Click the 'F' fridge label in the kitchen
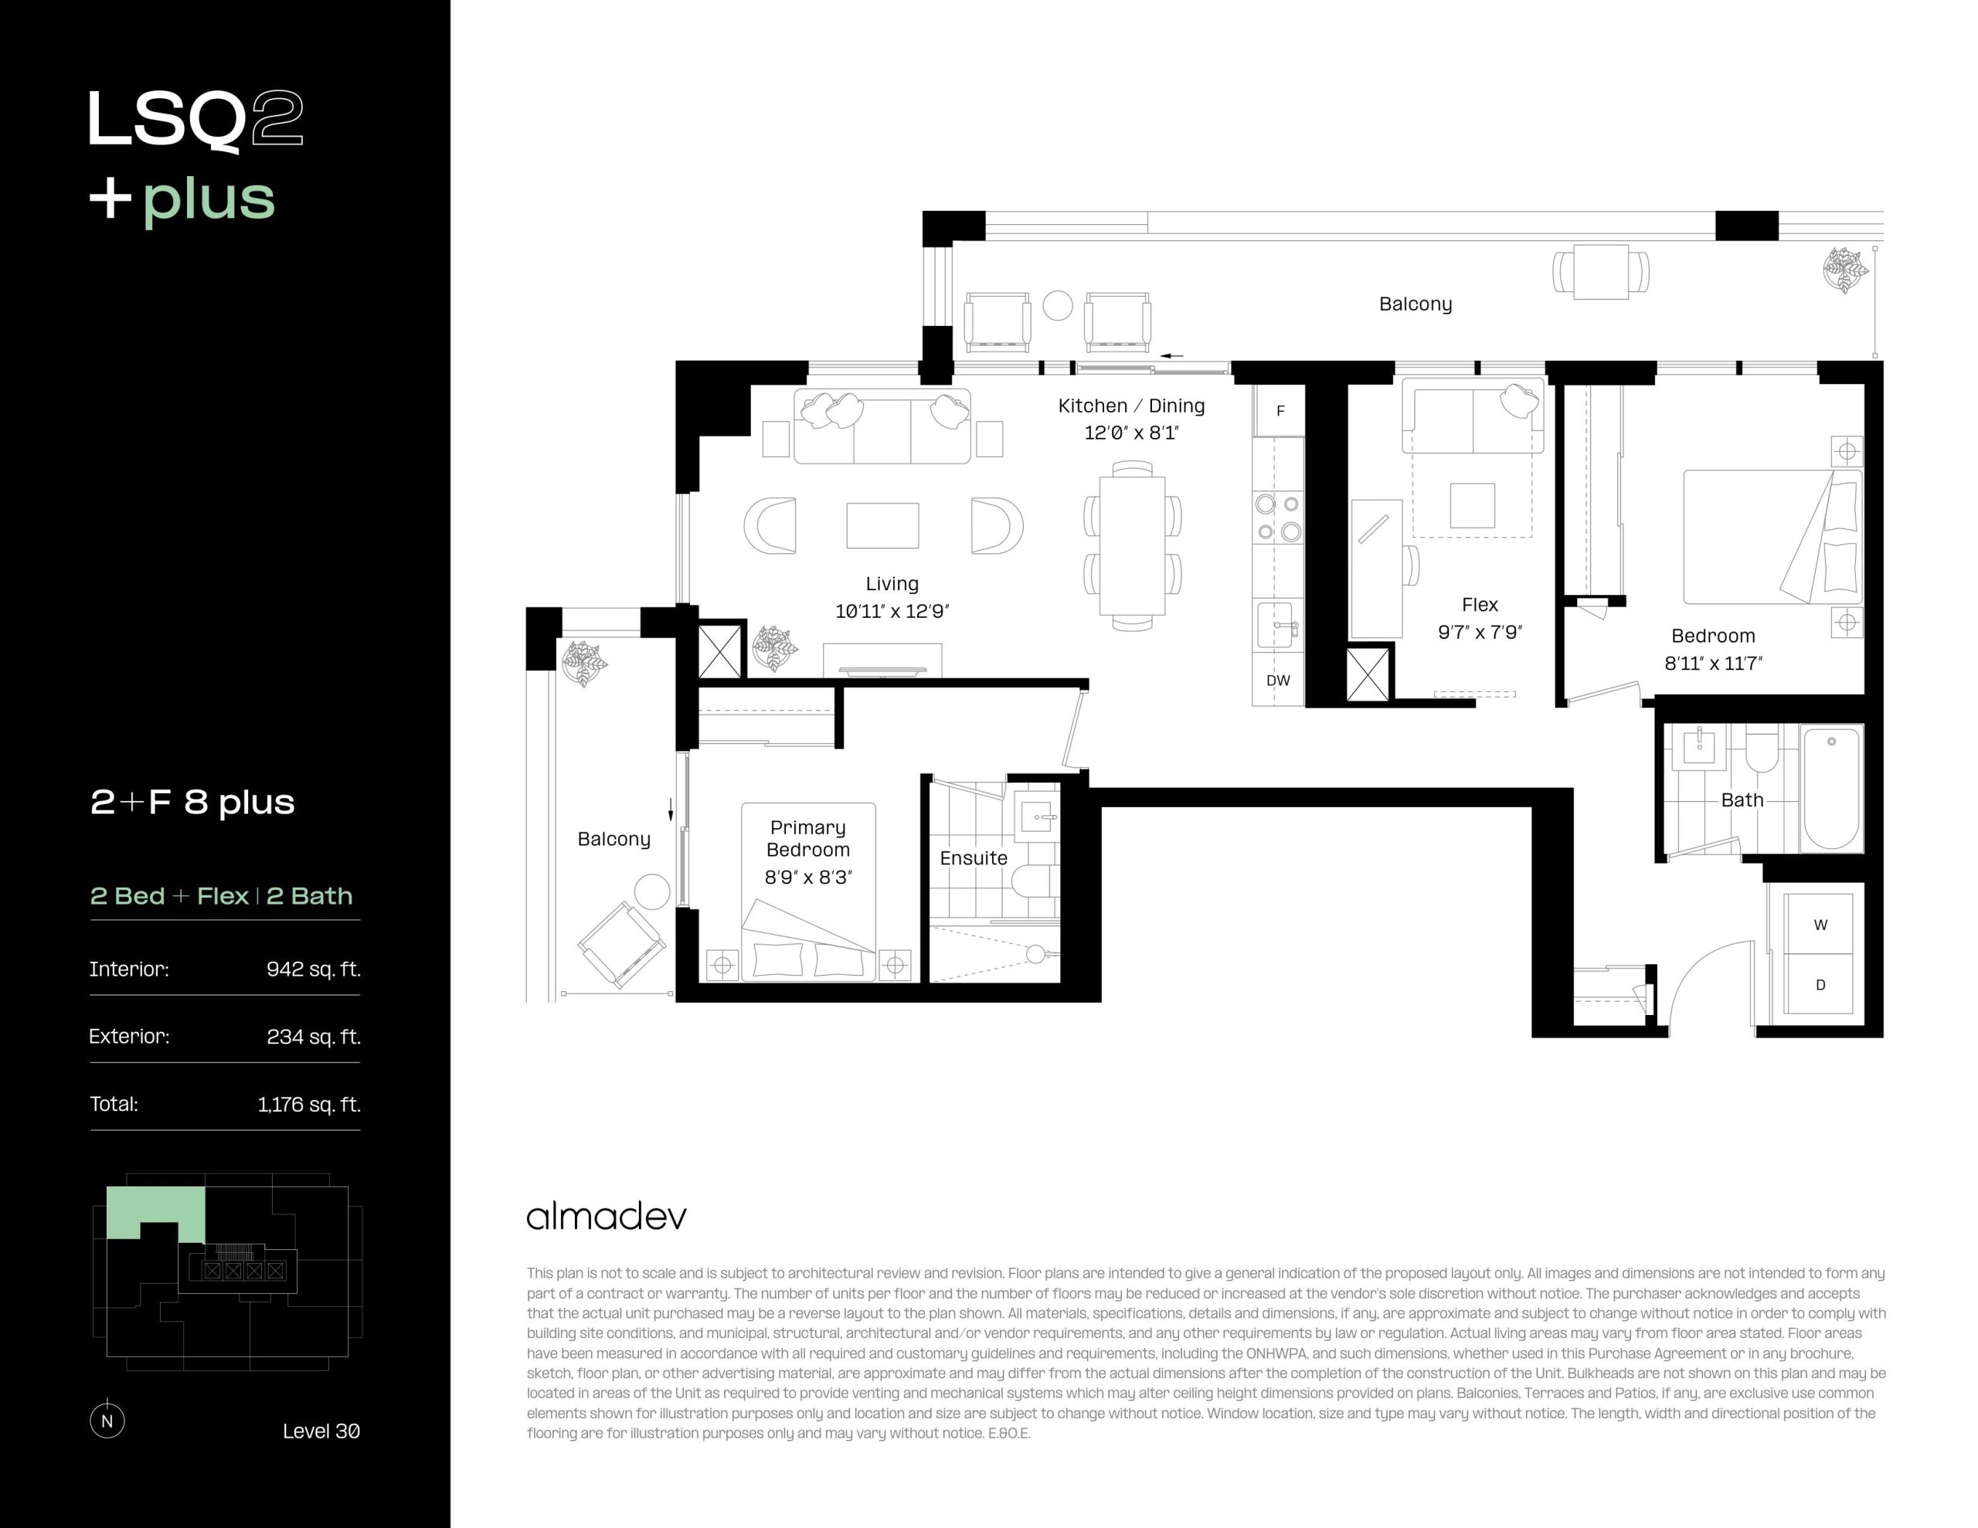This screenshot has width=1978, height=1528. point(1280,411)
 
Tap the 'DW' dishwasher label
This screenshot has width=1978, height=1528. point(1278,681)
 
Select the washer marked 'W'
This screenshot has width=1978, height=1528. point(1820,924)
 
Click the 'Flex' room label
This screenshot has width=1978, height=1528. point(1480,604)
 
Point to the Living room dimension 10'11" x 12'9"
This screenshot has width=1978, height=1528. point(892,611)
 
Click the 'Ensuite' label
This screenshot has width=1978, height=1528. point(974,857)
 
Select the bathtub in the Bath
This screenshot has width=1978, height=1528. point(1831,788)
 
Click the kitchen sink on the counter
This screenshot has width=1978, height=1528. point(1277,625)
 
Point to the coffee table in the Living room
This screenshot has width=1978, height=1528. point(882,525)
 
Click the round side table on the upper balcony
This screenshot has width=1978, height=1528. point(1058,305)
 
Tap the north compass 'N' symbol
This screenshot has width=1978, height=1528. point(107,1420)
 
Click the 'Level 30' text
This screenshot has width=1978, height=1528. point(321,1431)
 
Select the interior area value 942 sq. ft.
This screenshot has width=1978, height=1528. point(314,969)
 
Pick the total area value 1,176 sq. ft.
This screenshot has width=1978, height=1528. point(309,1104)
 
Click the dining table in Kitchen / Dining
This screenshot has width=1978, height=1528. point(1132,546)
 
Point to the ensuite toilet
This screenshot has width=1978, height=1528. point(1031,879)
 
